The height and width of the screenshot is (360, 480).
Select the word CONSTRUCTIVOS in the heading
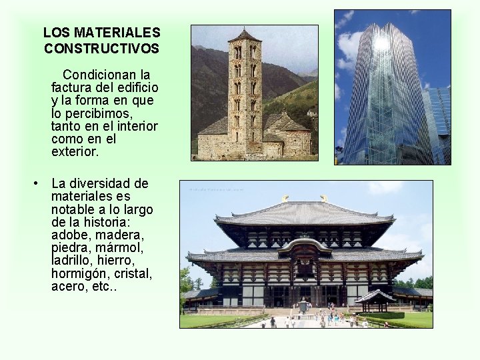101,49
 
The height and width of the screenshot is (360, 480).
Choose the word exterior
74,152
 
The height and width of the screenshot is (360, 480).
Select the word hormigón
79,274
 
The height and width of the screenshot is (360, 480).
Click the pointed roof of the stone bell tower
245,35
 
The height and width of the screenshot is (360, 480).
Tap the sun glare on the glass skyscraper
382,43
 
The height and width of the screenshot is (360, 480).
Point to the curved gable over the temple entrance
304,244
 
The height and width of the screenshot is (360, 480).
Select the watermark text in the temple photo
217,189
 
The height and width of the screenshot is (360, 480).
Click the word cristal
132,274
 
